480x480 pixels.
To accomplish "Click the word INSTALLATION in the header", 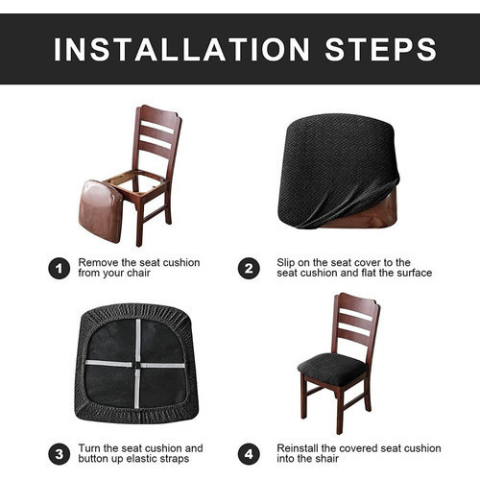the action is point(181,49).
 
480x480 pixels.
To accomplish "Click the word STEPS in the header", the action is point(380,49).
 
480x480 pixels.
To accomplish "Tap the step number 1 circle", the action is point(60,268).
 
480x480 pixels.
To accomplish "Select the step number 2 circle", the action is point(249,268).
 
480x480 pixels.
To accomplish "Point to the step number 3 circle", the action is point(60,454).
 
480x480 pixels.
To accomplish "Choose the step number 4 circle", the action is point(249,454).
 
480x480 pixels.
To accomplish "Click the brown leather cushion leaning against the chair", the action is point(100,211).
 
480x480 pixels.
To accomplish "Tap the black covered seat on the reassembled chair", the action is point(333,368).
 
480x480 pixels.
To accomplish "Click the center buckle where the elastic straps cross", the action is point(137,365).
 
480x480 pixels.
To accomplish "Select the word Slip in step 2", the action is point(286,263).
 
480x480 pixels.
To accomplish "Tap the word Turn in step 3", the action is point(89,448).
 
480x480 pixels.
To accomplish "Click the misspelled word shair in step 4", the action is point(325,459).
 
